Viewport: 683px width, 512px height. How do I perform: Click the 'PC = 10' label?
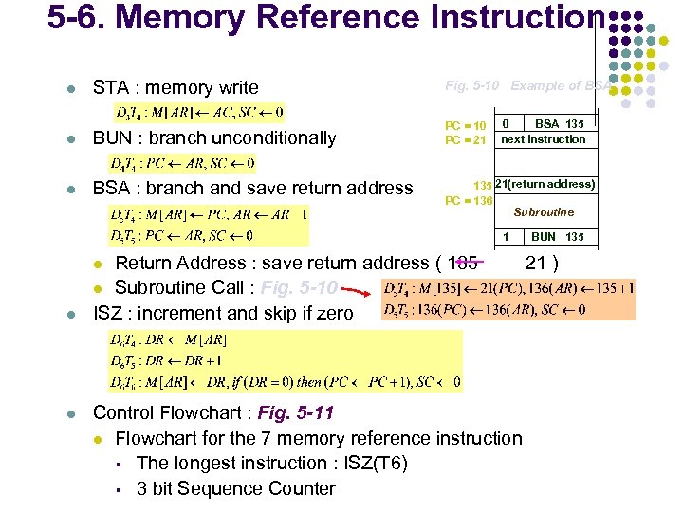[x=466, y=126]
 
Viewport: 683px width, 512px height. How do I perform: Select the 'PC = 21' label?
[x=466, y=140]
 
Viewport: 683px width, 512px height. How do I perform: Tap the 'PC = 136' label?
[x=469, y=200]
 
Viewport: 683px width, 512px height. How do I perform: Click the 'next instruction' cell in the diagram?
[x=544, y=139]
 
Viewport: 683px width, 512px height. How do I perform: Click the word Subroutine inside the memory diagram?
[x=544, y=212]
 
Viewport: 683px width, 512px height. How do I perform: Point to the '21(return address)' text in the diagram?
[x=545, y=184]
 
